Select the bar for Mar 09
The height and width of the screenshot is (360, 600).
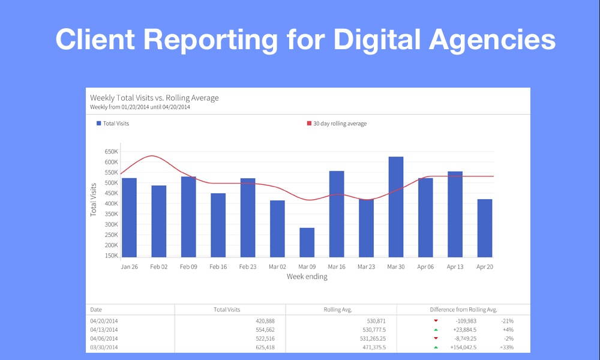(x=307, y=242)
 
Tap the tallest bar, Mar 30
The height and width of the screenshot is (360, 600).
(x=395, y=207)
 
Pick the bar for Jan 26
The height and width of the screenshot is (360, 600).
(x=129, y=218)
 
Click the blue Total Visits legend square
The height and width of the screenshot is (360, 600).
(x=99, y=124)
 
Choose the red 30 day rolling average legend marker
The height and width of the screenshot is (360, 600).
(x=310, y=124)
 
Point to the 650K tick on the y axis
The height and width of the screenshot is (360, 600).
(x=110, y=151)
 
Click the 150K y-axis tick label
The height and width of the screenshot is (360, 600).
(x=110, y=256)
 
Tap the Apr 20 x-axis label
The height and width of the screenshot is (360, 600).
(x=485, y=266)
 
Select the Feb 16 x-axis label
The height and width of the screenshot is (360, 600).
(x=218, y=266)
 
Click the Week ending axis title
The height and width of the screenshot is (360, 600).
(x=307, y=277)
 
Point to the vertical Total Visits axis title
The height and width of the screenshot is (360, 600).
(x=94, y=200)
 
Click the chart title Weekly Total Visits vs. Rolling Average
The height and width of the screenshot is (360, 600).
(x=154, y=98)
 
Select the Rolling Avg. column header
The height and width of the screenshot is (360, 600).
(x=337, y=310)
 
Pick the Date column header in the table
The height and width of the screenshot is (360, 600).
(x=96, y=310)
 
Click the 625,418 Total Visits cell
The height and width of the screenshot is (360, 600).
(x=261, y=347)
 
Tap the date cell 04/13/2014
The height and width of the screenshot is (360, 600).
(x=104, y=329)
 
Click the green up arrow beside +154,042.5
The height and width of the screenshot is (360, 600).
(x=436, y=347)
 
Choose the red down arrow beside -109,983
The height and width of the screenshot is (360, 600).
(x=436, y=321)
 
